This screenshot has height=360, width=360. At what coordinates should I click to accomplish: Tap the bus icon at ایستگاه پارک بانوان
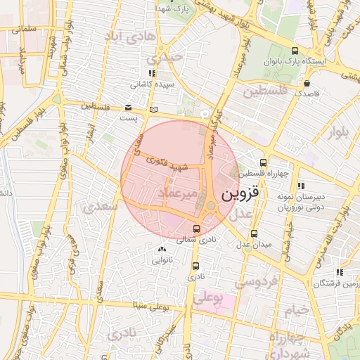tap(294, 51)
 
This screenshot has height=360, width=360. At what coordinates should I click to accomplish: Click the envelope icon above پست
tap(128, 108)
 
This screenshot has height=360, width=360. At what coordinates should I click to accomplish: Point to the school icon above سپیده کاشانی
tap(152, 72)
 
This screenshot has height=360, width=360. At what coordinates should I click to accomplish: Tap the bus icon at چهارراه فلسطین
tap(264, 162)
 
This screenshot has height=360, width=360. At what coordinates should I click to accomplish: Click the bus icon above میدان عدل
tap(254, 233)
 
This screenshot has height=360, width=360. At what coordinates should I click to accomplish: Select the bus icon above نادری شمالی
tap(196, 229)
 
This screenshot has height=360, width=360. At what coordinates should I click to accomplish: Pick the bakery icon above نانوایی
tap(162, 250)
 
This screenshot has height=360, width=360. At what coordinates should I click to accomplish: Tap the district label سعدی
tap(96, 207)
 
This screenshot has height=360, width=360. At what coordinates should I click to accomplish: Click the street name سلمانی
tap(23, 30)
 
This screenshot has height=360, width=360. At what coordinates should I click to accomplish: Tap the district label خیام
tap(297, 309)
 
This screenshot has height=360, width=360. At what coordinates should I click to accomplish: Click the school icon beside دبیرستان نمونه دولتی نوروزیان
tap(301, 186)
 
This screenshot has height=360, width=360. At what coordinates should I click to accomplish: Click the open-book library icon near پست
tap(154, 110)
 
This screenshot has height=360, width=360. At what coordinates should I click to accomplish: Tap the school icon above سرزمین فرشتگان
tap(340, 272)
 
